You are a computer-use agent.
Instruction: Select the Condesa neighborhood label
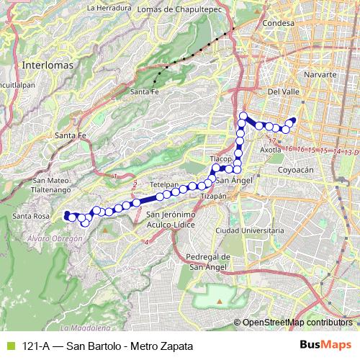coord(280,23)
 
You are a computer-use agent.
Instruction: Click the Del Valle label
coord(283,92)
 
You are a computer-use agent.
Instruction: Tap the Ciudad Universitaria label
coord(246,230)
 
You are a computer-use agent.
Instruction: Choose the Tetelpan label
coord(165,184)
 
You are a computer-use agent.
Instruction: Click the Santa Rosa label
coord(31,216)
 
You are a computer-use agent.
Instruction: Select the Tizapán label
coord(213,195)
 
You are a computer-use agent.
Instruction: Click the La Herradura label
coord(109,8)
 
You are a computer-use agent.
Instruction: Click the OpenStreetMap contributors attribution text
coord(296,322)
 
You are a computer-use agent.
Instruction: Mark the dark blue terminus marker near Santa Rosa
coord(67,214)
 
